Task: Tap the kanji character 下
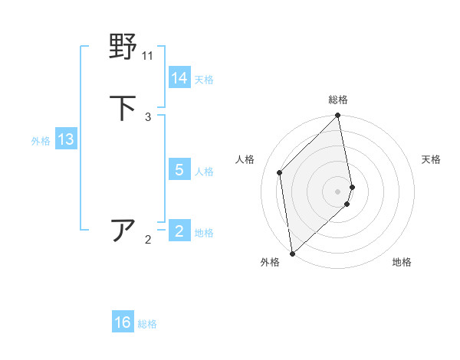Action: click(x=123, y=108)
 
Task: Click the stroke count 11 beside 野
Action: click(x=148, y=56)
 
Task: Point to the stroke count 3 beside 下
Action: click(x=148, y=117)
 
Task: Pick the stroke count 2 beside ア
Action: click(x=148, y=240)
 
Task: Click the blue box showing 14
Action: click(x=179, y=78)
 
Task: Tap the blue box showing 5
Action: click(x=179, y=170)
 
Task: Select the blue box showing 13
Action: click(x=66, y=139)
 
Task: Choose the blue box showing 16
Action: click(x=123, y=322)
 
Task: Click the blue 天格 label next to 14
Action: click(x=204, y=79)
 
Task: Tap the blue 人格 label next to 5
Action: click(x=204, y=171)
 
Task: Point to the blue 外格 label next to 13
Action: click(x=41, y=140)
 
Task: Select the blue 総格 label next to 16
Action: click(x=147, y=323)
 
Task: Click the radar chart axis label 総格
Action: click(x=338, y=100)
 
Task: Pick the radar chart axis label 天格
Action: click(x=431, y=159)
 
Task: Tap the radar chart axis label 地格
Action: click(x=402, y=262)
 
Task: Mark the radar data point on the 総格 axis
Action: click(x=338, y=116)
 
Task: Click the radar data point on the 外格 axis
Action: click(x=292, y=253)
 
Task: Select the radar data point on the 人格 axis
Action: click(x=280, y=172)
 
